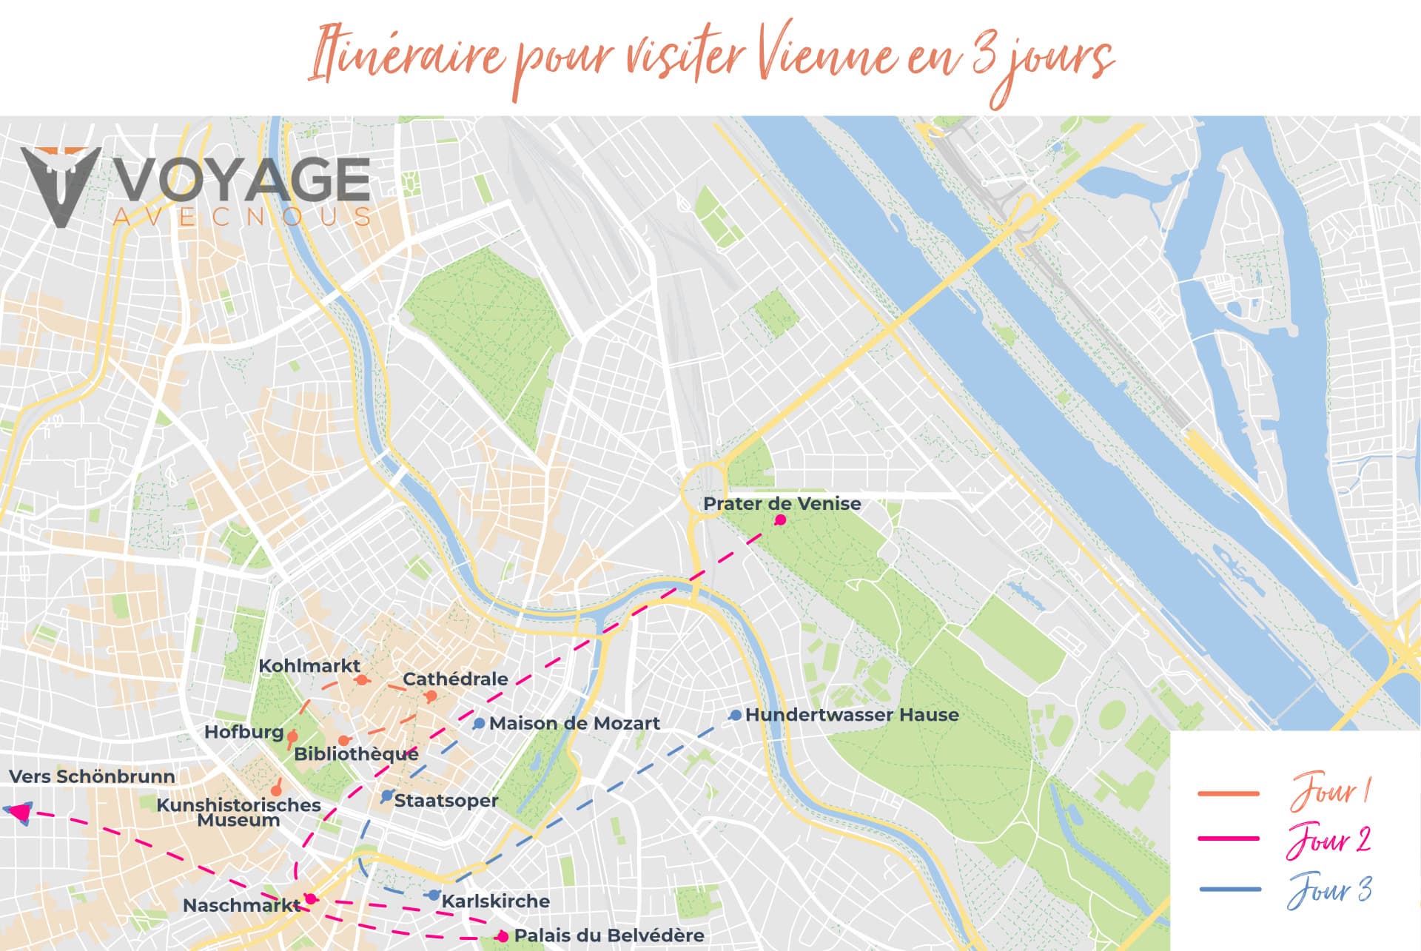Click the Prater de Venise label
782,504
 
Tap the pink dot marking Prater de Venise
780,520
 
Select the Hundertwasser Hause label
852,715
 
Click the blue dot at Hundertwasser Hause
735,715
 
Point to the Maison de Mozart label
574,723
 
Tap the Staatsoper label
446,800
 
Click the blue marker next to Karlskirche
434,895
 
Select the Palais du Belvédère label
608,935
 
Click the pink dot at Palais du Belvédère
503,936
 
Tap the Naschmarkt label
241,905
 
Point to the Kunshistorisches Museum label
238,812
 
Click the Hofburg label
243,732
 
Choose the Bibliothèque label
356,754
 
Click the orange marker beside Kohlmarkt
361,679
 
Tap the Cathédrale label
455,679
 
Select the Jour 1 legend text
1331,791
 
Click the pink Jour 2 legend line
1228,839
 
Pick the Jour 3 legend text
1330,890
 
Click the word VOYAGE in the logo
243,180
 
